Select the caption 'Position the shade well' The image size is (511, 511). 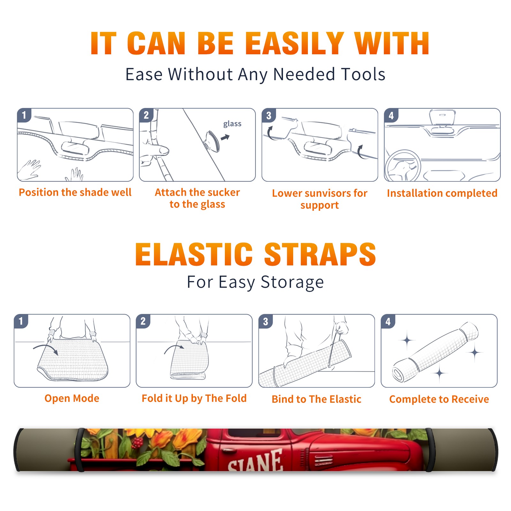point(75,193)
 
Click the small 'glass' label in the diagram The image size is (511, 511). point(232,124)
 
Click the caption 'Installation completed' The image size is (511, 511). point(442,193)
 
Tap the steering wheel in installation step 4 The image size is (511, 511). point(403,166)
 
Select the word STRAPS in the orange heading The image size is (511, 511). point(320,254)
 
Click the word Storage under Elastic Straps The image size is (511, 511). point(292,282)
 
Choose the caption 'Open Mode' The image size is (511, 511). point(72,398)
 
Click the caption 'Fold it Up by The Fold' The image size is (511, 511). point(194,399)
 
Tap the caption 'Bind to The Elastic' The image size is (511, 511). point(317,399)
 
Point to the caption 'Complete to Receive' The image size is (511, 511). point(439,399)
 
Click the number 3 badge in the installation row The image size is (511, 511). point(269,115)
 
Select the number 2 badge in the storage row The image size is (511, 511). point(143,321)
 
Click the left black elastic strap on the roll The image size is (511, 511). point(80,450)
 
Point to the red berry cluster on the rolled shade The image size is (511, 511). point(137,443)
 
